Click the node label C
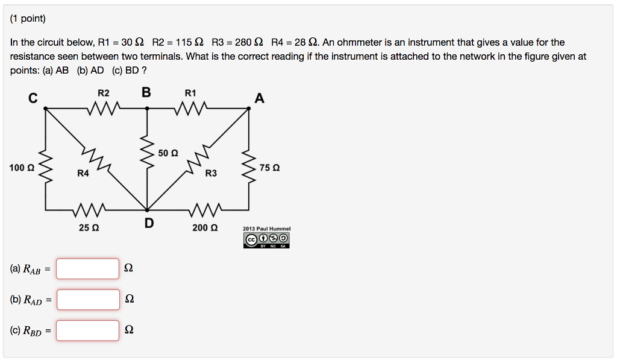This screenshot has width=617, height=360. [x=33, y=98]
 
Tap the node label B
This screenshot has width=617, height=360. [x=146, y=93]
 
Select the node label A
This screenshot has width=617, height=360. [x=259, y=98]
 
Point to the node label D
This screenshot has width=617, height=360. [x=149, y=224]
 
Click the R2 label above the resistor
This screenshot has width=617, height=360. [x=104, y=93]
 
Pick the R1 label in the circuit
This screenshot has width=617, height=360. [x=190, y=93]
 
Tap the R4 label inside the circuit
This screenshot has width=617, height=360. [x=83, y=173]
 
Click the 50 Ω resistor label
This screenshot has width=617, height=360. [x=168, y=153]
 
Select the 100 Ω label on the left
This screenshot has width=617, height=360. [x=22, y=167]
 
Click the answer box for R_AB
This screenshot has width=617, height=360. [x=88, y=268]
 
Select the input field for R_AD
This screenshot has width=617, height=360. [x=88, y=299]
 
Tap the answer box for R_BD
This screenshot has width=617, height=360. [x=88, y=330]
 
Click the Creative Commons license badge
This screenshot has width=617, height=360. [x=266, y=241]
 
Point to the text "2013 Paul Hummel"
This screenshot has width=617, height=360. [x=266, y=229]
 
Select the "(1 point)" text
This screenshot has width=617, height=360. [x=28, y=19]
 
